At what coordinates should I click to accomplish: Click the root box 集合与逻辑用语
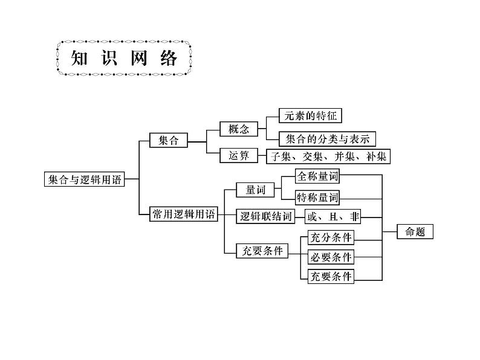click(84, 179)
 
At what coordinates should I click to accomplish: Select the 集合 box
click(169, 140)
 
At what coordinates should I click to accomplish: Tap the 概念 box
click(238, 129)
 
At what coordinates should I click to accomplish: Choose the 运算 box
click(238, 156)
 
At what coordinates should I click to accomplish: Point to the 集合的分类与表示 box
click(327, 140)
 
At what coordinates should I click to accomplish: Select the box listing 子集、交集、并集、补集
click(328, 156)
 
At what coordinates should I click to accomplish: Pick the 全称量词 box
click(317, 176)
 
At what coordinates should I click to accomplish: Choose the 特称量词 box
click(317, 197)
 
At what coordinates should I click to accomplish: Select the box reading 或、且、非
click(329, 216)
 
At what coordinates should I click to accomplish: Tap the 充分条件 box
click(330, 237)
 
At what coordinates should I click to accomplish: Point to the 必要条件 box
click(330, 257)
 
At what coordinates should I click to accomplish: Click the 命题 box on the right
click(415, 231)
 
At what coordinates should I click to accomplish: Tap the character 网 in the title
click(138, 59)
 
